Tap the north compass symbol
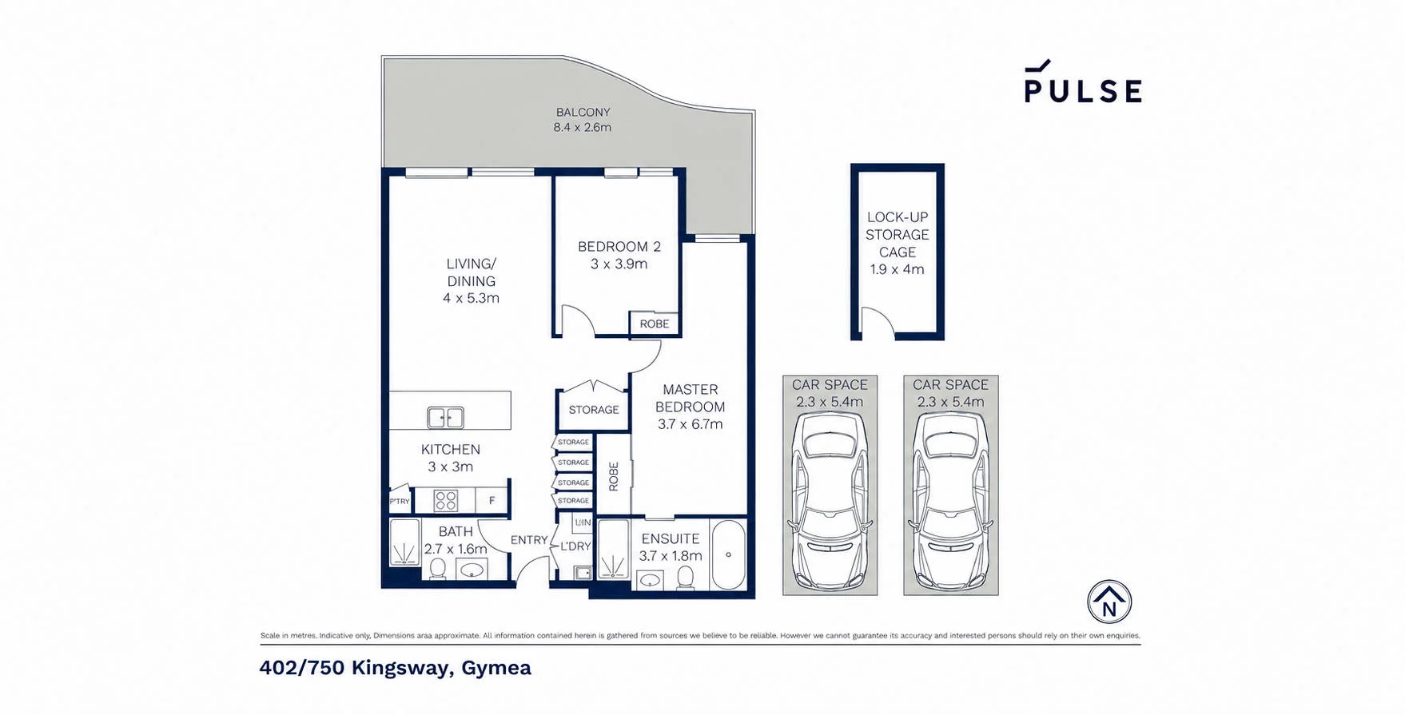pos(1109,602)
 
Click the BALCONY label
pos(583,113)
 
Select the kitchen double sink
pos(445,417)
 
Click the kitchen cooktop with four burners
pos(445,501)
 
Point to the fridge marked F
pos(492,501)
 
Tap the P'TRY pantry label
pos(400,502)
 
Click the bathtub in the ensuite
pos(728,554)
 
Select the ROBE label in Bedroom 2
pos(655,324)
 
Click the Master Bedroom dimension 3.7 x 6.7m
pos(691,424)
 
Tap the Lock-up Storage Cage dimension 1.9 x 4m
pos(898,269)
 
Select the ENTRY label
pos(529,540)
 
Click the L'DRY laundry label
pos(575,546)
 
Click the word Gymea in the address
pos(496,668)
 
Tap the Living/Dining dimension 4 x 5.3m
pos(472,298)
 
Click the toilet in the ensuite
pos(685,577)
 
